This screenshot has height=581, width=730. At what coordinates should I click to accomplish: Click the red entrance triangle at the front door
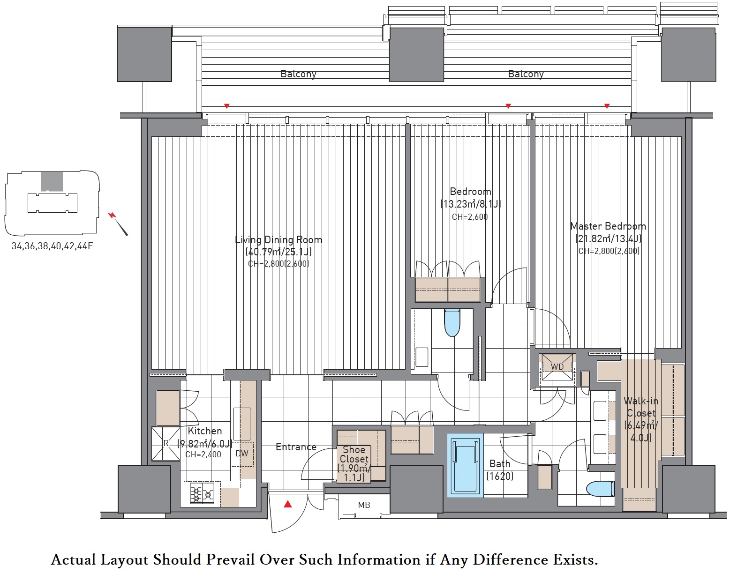(x=288, y=504)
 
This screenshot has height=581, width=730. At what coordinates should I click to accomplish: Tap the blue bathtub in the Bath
(x=465, y=465)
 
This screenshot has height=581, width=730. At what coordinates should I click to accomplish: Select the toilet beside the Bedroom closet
(x=452, y=322)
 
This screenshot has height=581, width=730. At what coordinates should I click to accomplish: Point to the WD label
(x=557, y=367)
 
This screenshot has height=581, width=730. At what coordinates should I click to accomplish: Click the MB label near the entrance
(x=364, y=505)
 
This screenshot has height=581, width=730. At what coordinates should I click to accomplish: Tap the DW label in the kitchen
(x=242, y=453)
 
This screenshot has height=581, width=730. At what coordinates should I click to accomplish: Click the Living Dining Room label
(x=278, y=239)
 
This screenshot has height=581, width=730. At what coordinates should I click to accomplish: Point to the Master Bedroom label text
(x=608, y=226)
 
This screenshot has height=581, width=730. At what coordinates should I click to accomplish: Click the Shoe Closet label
(x=354, y=454)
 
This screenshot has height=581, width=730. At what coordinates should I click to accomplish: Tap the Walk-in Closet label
(x=641, y=407)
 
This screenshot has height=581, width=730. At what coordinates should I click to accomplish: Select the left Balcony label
(x=299, y=74)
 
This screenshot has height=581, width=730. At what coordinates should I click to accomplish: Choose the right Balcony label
(x=526, y=74)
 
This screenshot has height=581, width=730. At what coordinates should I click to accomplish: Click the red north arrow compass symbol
(x=118, y=223)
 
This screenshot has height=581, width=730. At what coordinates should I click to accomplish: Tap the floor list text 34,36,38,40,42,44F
(x=52, y=246)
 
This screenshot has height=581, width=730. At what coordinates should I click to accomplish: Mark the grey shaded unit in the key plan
(x=52, y=181)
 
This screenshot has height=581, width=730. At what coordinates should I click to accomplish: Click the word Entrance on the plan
(x=296, y=447)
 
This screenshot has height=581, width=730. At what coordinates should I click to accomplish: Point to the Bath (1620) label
(x=500, y=470)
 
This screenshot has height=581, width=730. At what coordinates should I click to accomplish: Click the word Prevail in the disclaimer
(x=230, y=559)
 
